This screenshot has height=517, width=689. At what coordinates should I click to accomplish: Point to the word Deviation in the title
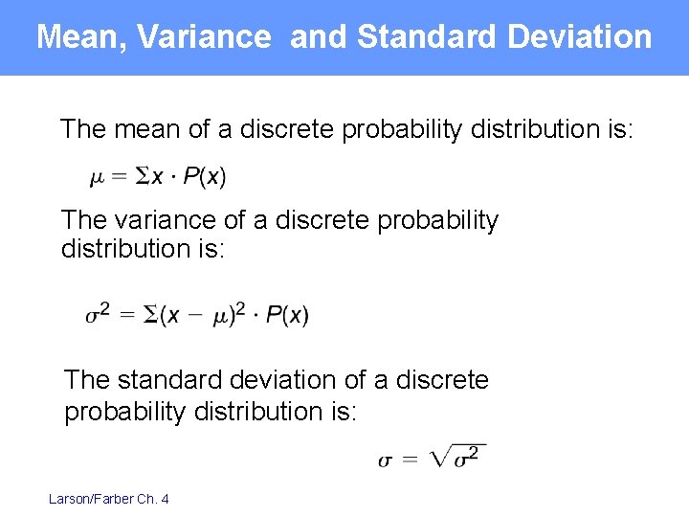tap(580, 37)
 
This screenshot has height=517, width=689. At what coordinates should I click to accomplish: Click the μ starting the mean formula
tap(97, 178)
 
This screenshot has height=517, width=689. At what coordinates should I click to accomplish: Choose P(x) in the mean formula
tap(205, 177)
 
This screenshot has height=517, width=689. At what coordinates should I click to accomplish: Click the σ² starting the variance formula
tap(98, 313)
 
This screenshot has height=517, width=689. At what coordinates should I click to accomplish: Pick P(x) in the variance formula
tap(287, 315)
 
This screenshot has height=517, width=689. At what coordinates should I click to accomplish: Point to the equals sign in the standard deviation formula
tap(410, 460)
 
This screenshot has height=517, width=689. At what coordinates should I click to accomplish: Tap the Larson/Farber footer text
tap(108, 499)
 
